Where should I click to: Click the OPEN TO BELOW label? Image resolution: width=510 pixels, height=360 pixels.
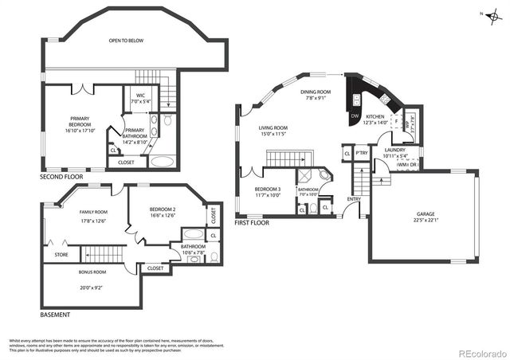tap(126, 39)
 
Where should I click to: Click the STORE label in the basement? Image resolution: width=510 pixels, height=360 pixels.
tap(61, 255)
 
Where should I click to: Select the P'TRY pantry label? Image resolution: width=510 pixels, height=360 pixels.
tap(361, 153)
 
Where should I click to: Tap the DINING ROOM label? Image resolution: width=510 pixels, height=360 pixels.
tap(316, 92)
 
